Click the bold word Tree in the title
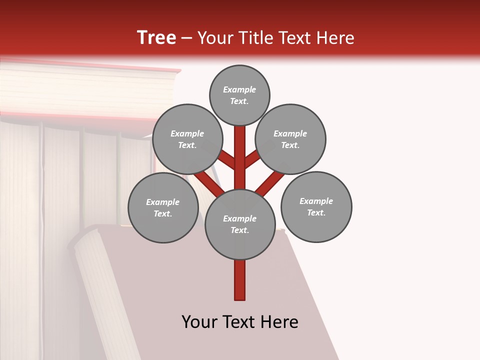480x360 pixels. coord(156,38)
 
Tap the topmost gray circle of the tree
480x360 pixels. coord(239,95)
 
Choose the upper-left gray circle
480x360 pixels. coord(187,139)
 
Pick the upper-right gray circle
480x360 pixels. coord(290,139)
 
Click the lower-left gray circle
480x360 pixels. coord(163,207)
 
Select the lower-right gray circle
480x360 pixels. coord(316,206)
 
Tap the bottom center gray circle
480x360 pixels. coord(240,224)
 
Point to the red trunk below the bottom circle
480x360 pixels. coord(240,280)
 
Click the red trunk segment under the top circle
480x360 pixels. coord(240,150)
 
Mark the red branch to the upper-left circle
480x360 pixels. coord(226,159)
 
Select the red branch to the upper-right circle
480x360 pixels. coord(252,159)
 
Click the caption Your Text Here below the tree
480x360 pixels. coord(240,322)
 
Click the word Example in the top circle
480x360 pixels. coord(239,90)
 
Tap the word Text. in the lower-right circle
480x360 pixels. coord(316,212)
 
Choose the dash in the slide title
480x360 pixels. coord(187,38)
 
